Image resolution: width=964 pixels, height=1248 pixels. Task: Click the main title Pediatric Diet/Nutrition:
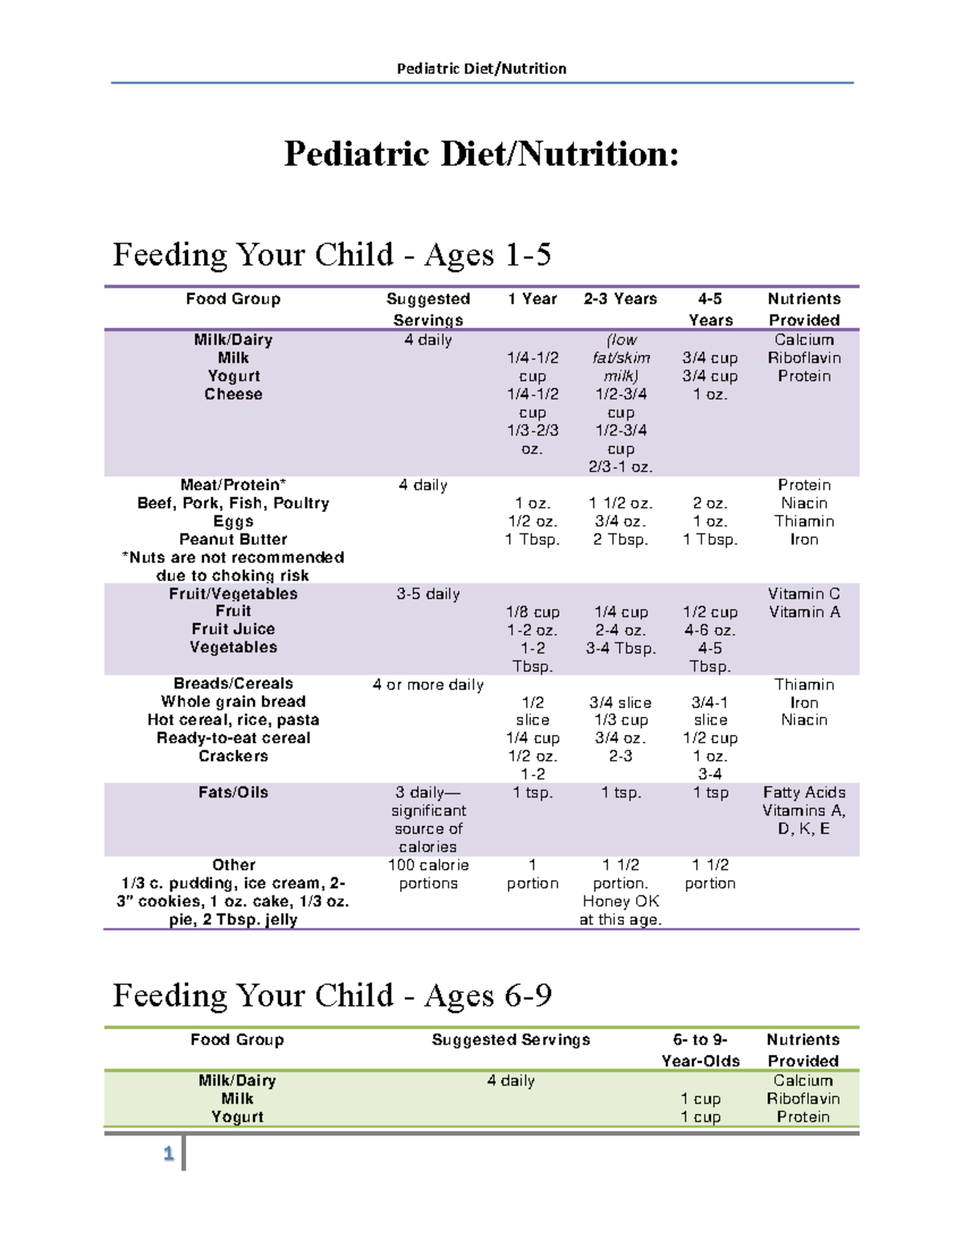(x=481, y=153)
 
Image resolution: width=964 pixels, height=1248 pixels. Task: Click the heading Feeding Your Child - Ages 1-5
(x=332, y=255)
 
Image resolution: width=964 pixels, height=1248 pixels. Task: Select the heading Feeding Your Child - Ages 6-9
(x=332, y=996)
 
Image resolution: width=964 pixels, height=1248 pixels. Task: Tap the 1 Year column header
(x=532, y=299)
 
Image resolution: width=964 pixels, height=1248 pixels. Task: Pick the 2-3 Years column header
(x=620, y=299)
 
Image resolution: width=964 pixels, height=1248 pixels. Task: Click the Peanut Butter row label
(x=233, y=539)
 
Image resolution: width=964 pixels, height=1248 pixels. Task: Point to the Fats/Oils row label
(x=233, y=792)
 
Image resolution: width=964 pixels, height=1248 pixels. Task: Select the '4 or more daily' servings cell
(x=428, y=685)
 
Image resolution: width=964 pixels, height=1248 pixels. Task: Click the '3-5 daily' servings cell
(x=428, y=594)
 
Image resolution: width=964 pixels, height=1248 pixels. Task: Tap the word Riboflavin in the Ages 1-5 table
(x=804, y=358)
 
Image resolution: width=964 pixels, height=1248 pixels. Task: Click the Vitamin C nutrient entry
(x=804, y=594)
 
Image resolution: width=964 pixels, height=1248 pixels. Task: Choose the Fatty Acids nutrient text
(x=804, y=792)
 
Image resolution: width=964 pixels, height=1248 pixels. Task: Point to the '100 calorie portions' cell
(x=428, y=874)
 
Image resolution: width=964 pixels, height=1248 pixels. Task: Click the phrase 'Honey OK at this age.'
(x=620, y=910)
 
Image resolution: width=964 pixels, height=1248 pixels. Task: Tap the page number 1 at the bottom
(x=169, y=1154)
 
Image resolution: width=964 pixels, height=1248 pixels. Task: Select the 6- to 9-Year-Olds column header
(x=701, y=1050)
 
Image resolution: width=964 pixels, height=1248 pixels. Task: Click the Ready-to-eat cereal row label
(x=233, y=738)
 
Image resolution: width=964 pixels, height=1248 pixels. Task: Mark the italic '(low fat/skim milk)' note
(x=621, y=358)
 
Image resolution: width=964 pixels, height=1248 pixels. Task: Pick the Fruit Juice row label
(x=233, y=629)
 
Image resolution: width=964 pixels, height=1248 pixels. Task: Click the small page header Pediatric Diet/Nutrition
(x=481, y=68)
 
